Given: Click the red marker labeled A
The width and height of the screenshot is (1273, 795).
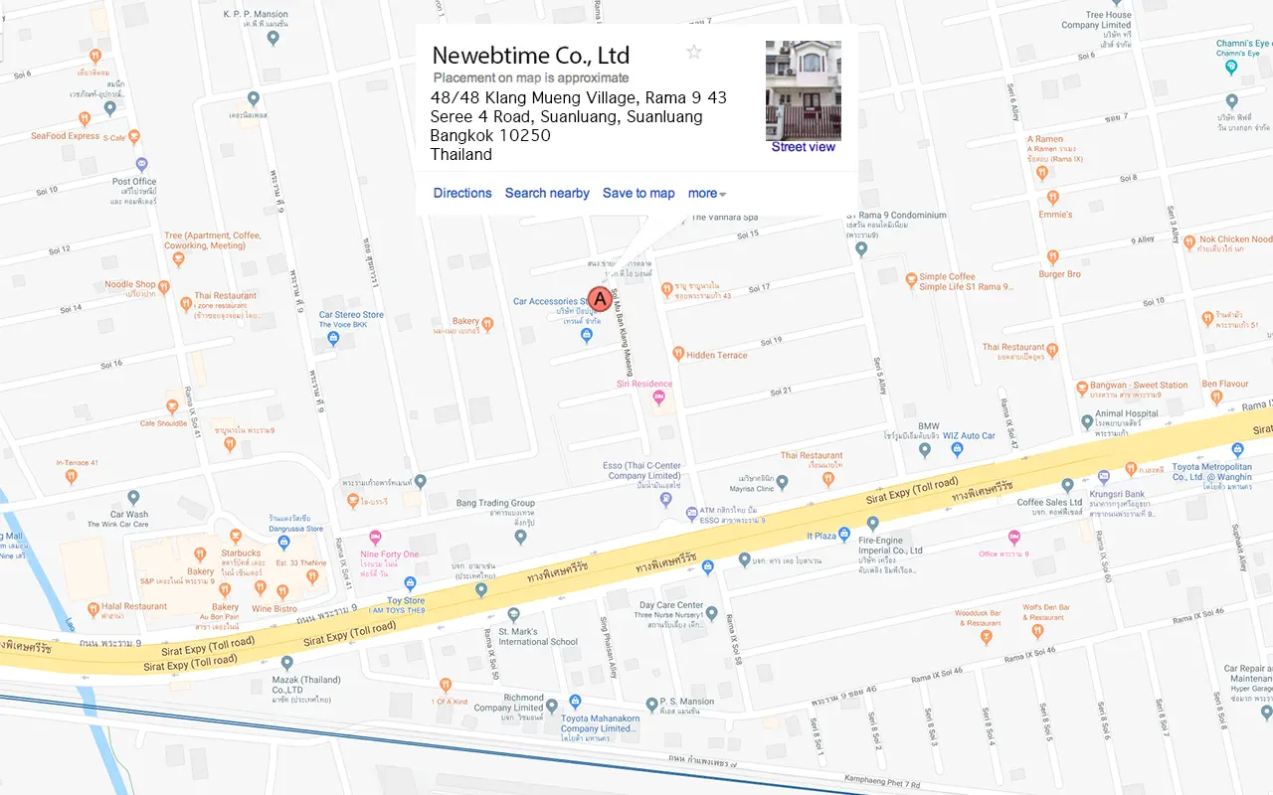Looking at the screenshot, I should (599, 299).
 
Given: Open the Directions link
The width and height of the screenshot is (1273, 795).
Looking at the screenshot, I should (462, 193).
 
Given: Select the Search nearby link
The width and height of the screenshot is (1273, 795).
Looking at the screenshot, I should (547, 193).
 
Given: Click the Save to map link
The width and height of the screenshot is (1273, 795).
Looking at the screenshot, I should (638, 193).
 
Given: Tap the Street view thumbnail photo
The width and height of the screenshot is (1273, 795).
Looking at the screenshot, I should (803, 90).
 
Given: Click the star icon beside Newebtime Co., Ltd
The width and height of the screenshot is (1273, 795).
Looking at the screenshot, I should (694, 53).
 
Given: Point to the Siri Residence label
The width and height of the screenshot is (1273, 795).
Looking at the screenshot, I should (644, 384).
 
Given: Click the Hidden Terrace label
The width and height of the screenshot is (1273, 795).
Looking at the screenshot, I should (716, 355).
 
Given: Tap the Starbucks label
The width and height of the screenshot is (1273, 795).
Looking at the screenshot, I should (241, 554).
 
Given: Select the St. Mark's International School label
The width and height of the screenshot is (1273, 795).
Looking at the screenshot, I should (537, 636).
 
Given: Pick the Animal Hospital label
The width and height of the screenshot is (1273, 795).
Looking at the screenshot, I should (1127, 413).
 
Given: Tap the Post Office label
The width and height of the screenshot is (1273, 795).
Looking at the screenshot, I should (134, 182).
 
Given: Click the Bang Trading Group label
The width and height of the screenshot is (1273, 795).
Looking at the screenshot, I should (495, 503).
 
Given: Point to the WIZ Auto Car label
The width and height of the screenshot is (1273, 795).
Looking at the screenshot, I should (969, 435).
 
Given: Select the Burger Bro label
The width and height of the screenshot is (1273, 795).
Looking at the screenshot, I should (1059, 274).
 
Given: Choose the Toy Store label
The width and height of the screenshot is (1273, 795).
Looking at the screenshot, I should (406, 601).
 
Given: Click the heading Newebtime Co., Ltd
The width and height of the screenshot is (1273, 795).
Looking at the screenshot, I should (531, 56).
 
